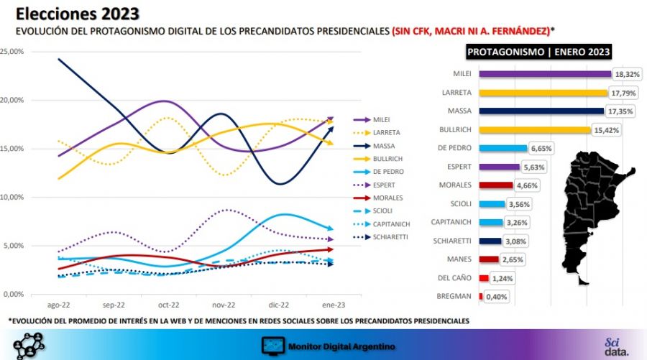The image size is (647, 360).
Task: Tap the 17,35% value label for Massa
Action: [619, 111]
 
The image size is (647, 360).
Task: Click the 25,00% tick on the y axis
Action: [12, 52]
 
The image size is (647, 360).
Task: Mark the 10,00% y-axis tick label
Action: [12, 197]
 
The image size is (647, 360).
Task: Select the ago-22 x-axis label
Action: [59, 305]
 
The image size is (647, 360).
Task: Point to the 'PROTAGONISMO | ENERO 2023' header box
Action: [538, 52]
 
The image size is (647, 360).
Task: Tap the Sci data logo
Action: [616, 346]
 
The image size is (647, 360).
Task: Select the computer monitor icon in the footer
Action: [273, 346]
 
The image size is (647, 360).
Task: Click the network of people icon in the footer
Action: [29, 345]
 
